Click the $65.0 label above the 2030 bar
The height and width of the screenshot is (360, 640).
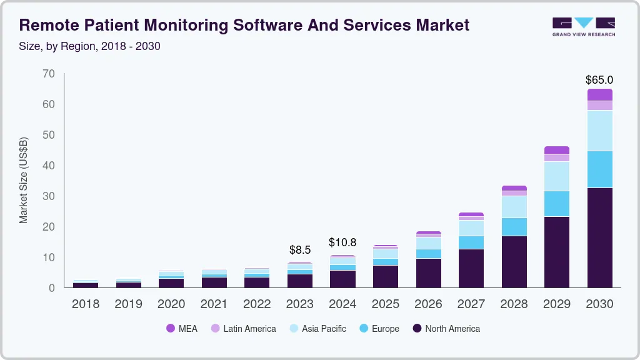(x=599, y=80)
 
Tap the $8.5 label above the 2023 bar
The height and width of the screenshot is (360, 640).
(x=300, y=250)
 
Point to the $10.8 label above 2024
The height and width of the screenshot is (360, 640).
(x=342, y=242)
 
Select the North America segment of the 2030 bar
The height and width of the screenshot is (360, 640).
(x=599, y=237)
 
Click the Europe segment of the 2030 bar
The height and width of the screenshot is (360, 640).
(x=599, y=169)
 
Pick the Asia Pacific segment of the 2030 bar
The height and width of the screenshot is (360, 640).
(x=599, y=131)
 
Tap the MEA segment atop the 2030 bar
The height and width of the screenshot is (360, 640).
(x=599, y=94)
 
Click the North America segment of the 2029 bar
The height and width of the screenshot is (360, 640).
(x=556, y=252)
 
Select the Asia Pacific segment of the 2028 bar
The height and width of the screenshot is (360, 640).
(x=514, y=207)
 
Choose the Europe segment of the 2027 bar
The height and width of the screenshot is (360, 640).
(x=471, y=242)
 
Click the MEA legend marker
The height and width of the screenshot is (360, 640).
(x=171, y=329)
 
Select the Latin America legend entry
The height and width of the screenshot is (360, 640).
(x=243, y=329)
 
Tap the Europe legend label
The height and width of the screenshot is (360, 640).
(x=385, y=329)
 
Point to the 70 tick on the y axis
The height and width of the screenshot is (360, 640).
(x=49, y=74)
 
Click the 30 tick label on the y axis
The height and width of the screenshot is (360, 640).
(x=49, y=196)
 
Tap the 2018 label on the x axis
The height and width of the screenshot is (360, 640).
(x=86, y=304)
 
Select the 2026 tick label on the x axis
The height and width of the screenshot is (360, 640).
(x=428, y=304)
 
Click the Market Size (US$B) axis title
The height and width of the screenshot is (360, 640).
(x=24, y=180)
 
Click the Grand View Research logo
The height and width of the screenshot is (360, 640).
(x=583, y=26)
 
